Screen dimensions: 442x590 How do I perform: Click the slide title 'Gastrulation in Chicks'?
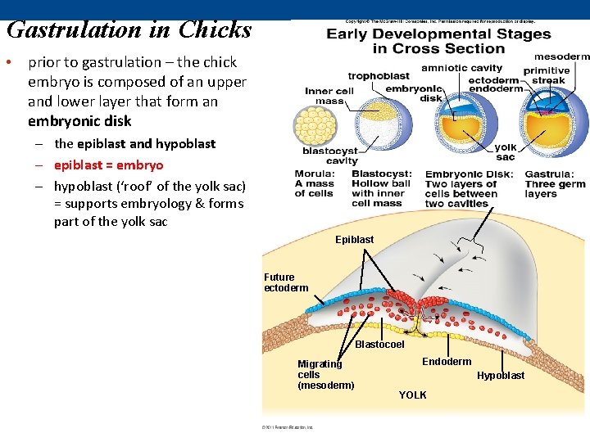click(x=129, y=30)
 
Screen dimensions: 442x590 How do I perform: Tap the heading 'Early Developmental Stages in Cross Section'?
click(x=438, y=41)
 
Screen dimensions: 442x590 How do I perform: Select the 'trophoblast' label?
click(x=379, y=76)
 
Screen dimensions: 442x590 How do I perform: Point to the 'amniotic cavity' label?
click(x=461, y=68)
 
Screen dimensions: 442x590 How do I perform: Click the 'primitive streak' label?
click(x=547, y=75)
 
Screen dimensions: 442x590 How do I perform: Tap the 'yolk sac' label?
click(x=506, y=152)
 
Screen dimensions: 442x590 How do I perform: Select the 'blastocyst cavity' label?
click(x=330, y=156)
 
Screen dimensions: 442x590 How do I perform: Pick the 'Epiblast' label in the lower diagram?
click(x=354, y=240)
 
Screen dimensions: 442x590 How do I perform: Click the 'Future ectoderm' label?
click(x=286, y=282)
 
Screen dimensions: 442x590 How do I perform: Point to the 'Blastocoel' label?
click(x=379, y=345)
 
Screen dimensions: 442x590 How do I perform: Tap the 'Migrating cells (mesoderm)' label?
click(x=325, y=375)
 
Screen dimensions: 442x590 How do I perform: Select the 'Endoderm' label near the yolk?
click(x=447, y=362)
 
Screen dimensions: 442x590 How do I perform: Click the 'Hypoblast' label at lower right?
click(x=501, y=376)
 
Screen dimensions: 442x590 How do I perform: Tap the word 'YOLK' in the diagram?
click(x=412, y=395)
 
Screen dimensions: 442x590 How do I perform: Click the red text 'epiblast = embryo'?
click(x=108, y=165)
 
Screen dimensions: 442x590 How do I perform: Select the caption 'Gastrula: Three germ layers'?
click(x=556, y=184)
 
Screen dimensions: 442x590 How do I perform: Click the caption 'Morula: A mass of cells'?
click(x=315, y=184)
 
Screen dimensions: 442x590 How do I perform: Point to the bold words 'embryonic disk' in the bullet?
click(x=79, y=121)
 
